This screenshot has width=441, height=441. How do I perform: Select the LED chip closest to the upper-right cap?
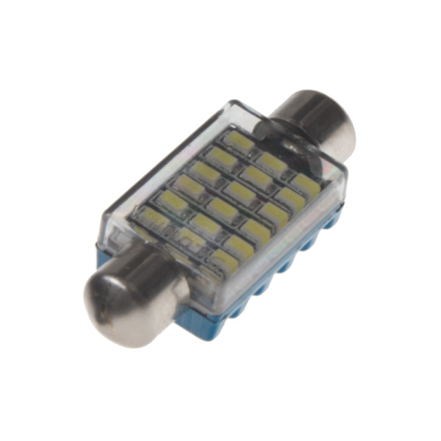(239, 140)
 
